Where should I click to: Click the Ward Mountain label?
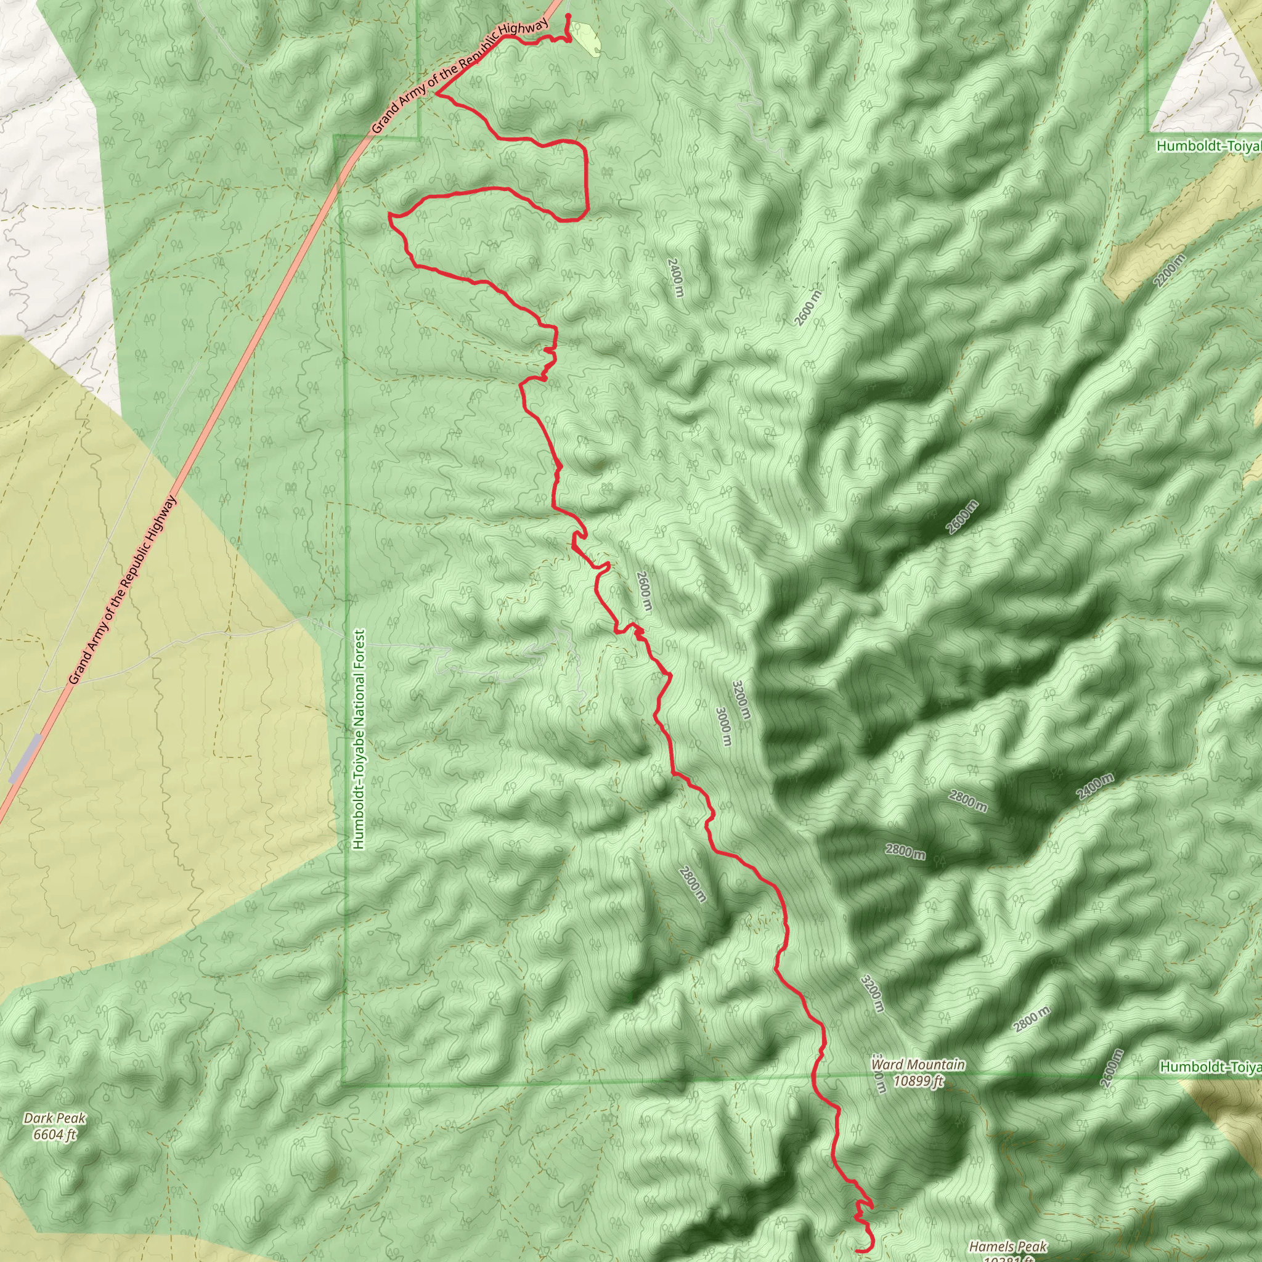click(x=918, y=1065)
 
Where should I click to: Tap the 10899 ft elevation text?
click(x=918, y=1081)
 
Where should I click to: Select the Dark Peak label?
click(x=54, y=1118)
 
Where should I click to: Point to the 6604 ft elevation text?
click(x=54, y=1134)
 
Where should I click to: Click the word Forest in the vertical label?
click(x=359, y=659)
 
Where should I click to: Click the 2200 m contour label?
click(x=1169, y=271)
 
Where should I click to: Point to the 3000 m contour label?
click(x=722, y=727)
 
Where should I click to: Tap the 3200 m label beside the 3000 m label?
click(x=741, y=701)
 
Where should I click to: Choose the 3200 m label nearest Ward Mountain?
click(x=873, y=994)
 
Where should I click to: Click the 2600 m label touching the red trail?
click(x=643, y=591)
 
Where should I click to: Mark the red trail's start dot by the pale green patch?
click(x=568, y=15)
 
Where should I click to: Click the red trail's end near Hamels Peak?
click(x=857, y=1251)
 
